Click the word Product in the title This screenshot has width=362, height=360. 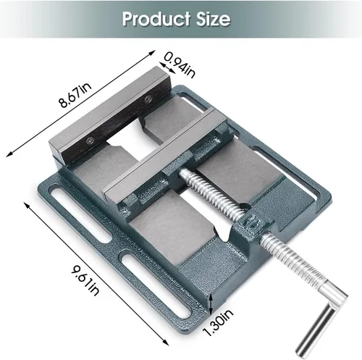click(156, 19)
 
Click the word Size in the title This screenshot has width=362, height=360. click(214, 19)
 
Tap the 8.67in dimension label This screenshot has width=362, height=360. click(76, 95)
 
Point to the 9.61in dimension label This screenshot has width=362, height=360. click(85, 280)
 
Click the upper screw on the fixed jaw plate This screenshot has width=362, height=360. click(148, 99)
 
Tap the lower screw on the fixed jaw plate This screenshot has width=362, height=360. click(90, 140)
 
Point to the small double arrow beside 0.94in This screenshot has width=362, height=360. click(167, 68)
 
